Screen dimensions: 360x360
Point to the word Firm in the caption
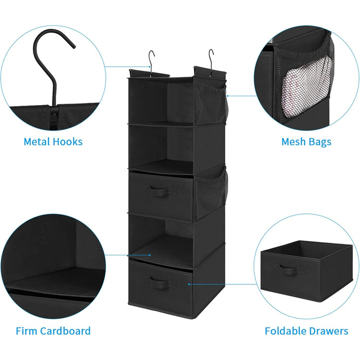click(x=26, y=331)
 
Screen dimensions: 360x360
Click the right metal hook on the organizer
click(x=211, y=62)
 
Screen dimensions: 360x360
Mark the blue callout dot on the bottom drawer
click(x=189, y=284)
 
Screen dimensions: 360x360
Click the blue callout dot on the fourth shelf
click(x=150, y=255)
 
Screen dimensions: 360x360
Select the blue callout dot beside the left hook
click(x=150, y=66)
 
